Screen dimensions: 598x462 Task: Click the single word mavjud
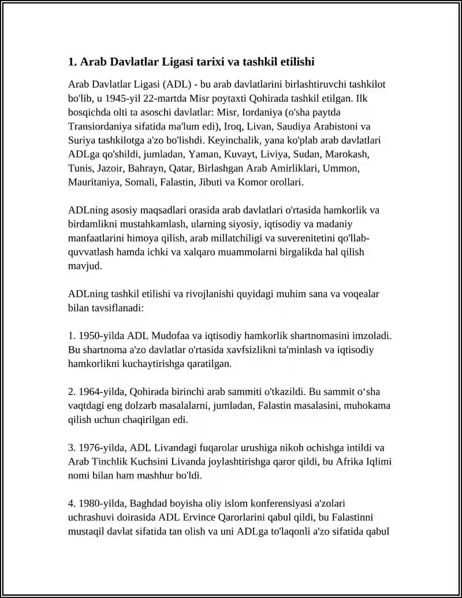[x=84, y=267]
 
